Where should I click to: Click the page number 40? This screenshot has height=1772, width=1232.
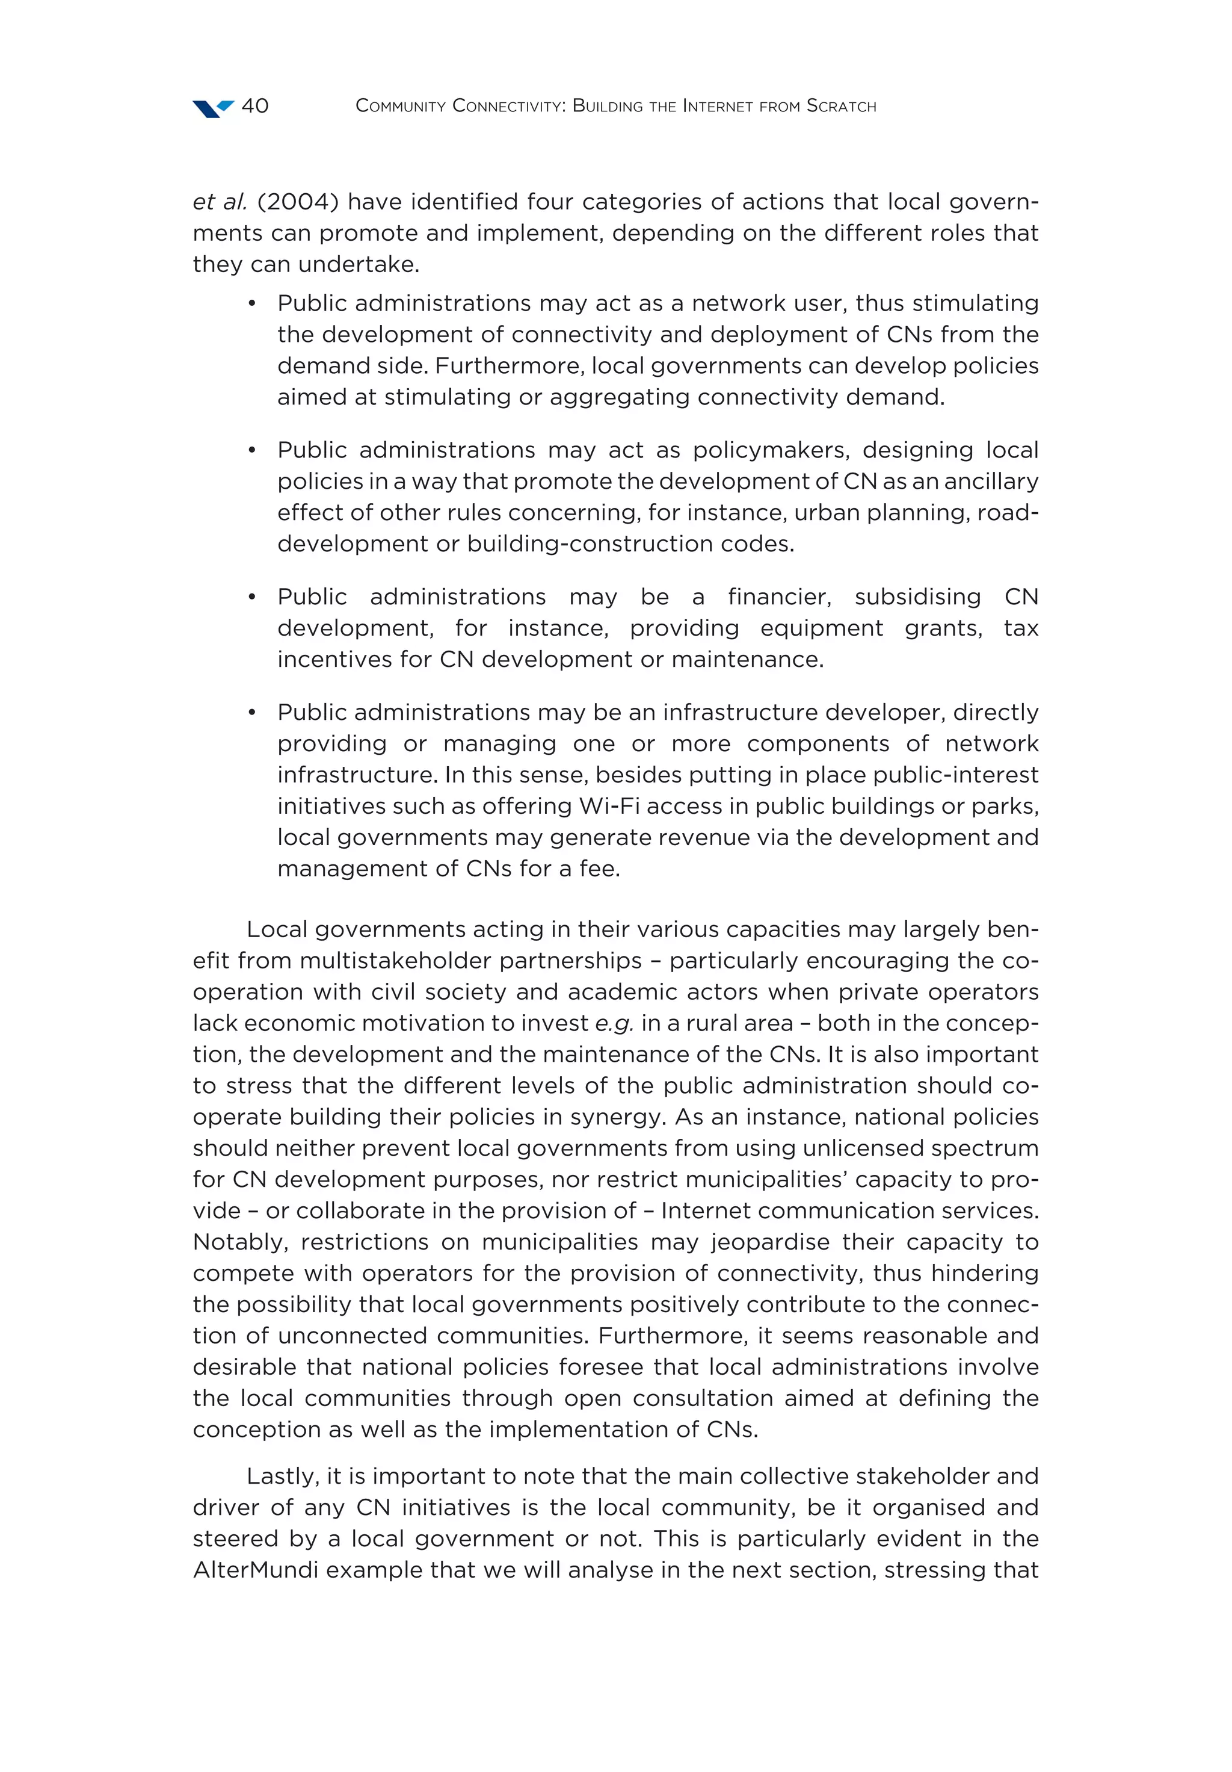[x=254, y=106]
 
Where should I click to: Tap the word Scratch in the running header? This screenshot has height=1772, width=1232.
[x=841, y=106]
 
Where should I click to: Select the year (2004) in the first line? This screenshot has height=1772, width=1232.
[x=298, y=202]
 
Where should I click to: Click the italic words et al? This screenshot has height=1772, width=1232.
[x=219, y=202]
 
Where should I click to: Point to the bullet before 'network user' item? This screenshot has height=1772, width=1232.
[x=251, y=304]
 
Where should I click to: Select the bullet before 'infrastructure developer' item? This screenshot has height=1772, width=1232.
[x=251, y=713]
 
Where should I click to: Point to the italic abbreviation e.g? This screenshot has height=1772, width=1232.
[x=614, y=1023]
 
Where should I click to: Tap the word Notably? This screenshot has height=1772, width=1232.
[x=240, y=1242]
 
